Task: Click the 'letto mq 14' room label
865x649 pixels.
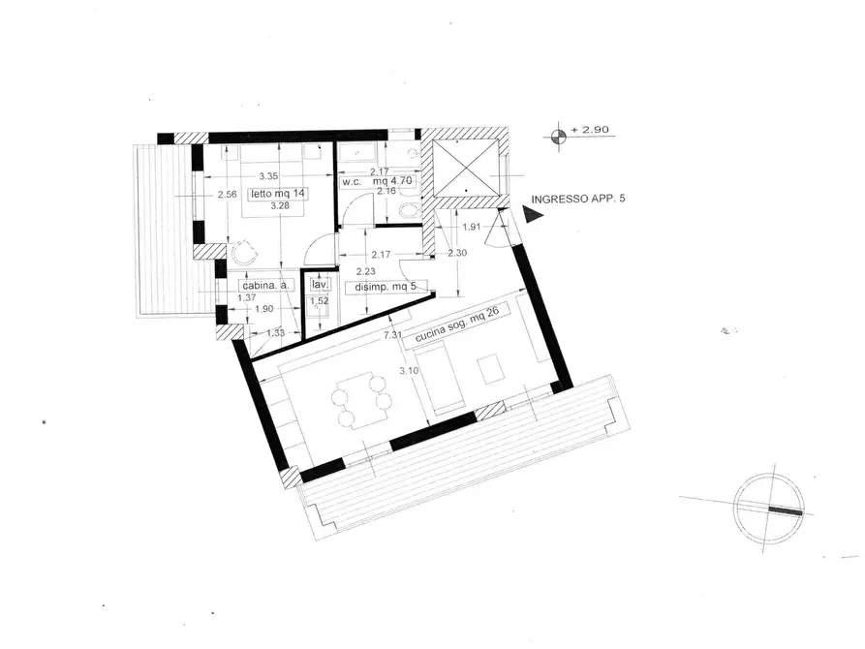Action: (x=278, y=194)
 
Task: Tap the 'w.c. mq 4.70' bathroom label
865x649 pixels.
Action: (x=379, y=181)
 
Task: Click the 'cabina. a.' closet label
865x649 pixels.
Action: (x=266, y=287)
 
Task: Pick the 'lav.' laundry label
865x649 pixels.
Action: (x=320, y=286)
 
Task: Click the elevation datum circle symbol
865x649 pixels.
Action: (x=558, y=136)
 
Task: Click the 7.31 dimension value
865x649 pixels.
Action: (x=392, y=335)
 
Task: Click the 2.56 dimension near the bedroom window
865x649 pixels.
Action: (x=227, y=194)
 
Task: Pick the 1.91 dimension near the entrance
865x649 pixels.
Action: (x=471, y=228)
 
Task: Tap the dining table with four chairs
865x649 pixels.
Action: (x=360, y=400)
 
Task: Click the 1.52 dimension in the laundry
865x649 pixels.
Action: (x=318, y=302)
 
